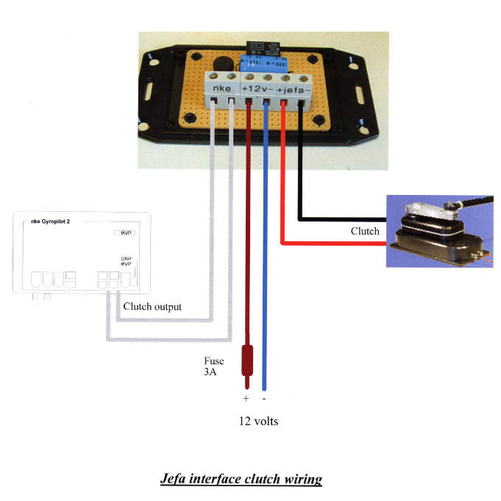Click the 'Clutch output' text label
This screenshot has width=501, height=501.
click(x=152, y=307)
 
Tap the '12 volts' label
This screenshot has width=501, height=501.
click(x=257, y=422)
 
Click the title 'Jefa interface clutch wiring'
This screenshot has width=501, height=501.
click(x=241, y=480)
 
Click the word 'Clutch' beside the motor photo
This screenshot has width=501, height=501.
click(x=365, y=231)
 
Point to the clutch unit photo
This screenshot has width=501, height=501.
click(x=438, y=230)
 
